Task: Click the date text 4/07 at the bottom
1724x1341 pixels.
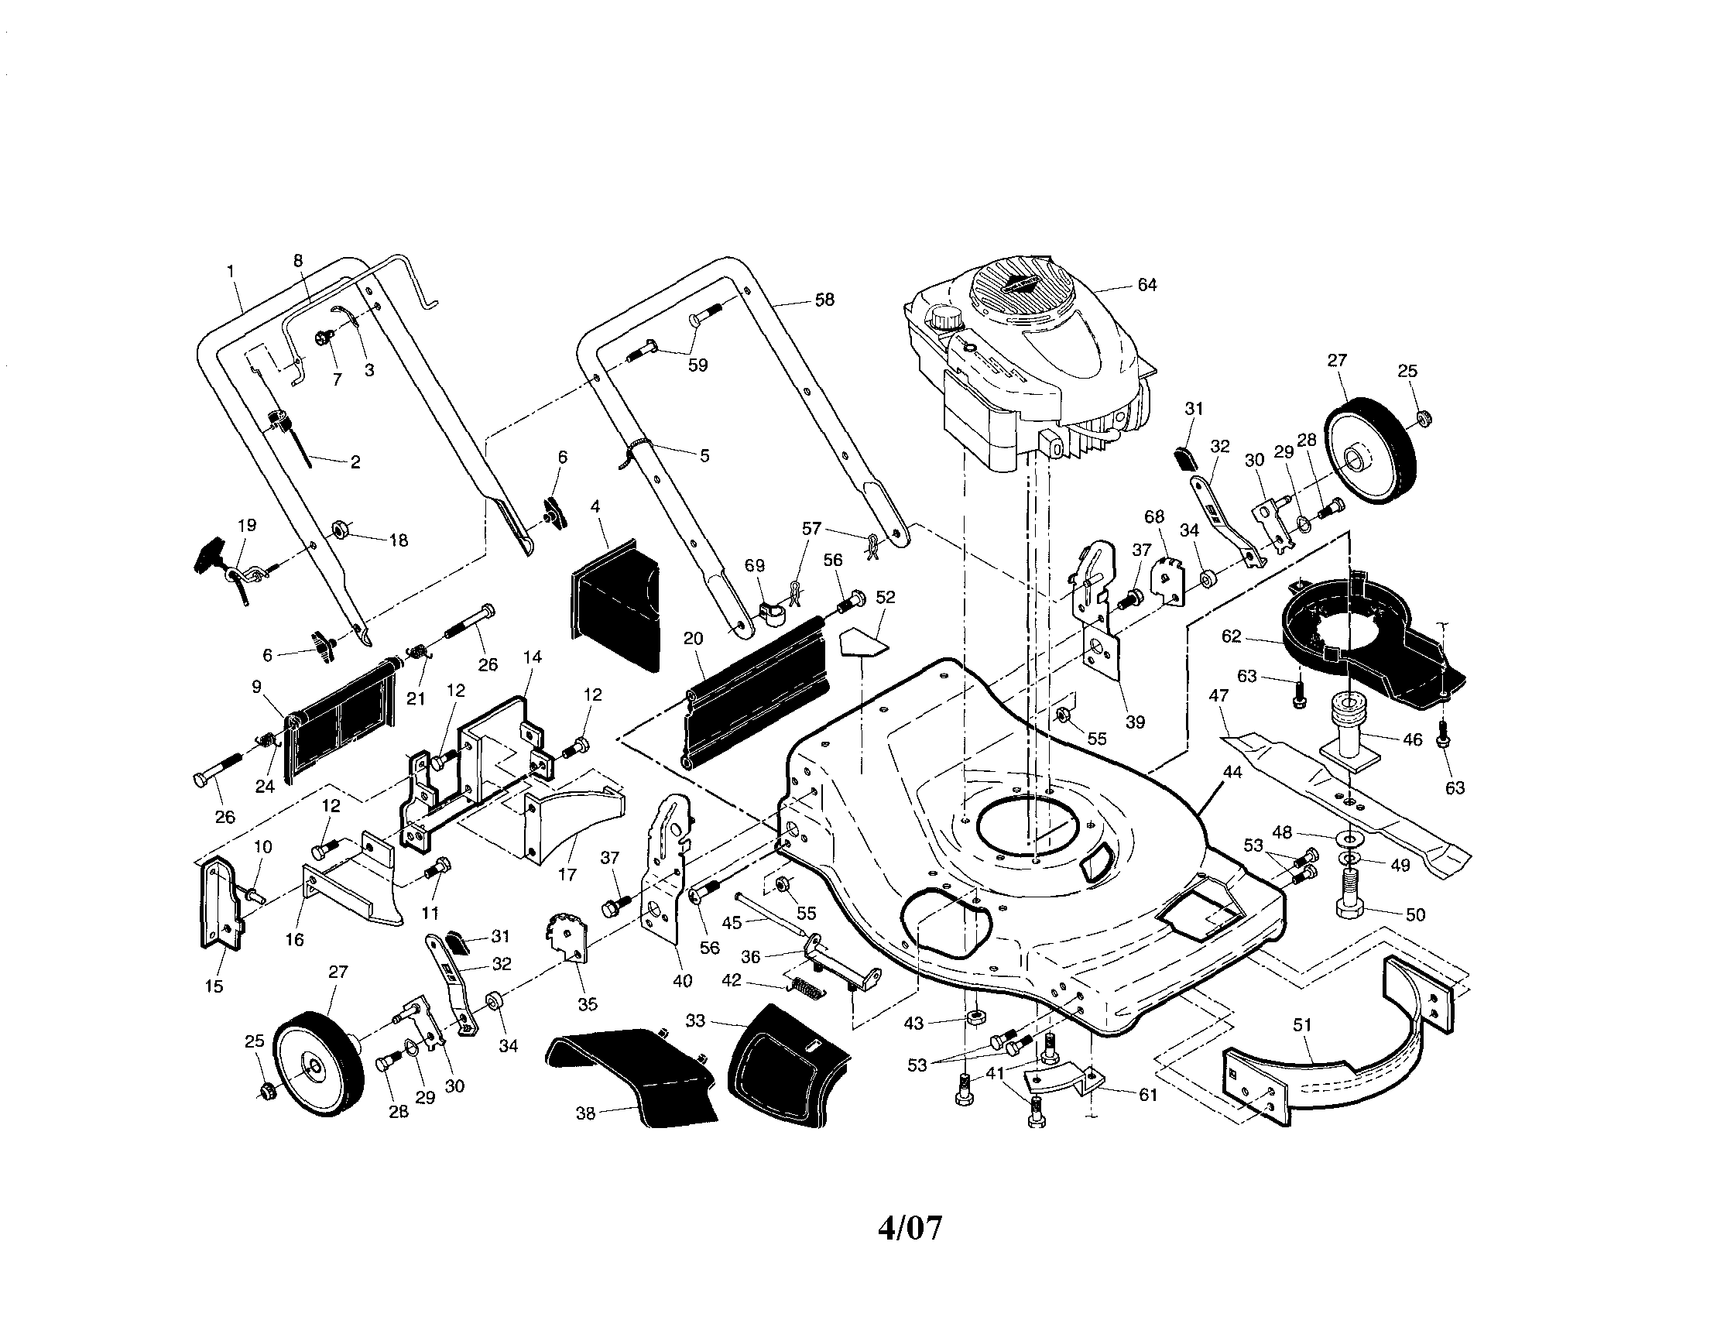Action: [910, 1228]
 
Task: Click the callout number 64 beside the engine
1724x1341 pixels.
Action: [1147, 285]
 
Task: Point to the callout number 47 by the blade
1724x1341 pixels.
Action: [1218, 695]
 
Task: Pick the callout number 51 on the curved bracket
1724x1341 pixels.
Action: [1302, 1024]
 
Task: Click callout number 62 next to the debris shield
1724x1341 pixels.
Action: [1232, 636]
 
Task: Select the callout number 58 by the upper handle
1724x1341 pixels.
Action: [824, 300]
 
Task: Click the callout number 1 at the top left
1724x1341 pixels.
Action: [231, 271]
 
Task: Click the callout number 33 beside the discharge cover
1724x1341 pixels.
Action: [694, 1020]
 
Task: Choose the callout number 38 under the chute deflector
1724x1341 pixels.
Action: [585, 1113]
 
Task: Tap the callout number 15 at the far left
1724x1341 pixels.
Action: [214, 986]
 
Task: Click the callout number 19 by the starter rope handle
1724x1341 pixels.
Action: [247, 525]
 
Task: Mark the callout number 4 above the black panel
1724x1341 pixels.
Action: [595, 506]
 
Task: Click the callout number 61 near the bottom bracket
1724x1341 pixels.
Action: [1147, 1095]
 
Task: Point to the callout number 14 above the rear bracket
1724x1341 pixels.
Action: [533, 657]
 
